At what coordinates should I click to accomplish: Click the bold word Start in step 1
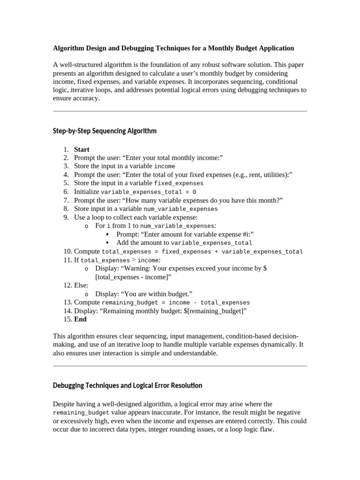click(82, 150)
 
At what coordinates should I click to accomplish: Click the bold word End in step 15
click(80, 319)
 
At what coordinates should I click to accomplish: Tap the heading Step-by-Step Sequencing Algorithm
click(105, 131)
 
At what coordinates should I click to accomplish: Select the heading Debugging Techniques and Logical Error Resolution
click(127, 385)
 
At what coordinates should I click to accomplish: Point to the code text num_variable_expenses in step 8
click(180, 209)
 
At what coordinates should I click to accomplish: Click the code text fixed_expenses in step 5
click(179, 183)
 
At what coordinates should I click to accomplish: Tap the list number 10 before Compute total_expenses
click(67, 251)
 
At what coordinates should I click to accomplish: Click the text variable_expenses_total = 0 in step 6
click(149, 192)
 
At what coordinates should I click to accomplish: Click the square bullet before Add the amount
click(107, 243)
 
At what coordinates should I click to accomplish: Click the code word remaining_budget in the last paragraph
click(82, 413)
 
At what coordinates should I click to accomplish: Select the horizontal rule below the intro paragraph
click(180, 111)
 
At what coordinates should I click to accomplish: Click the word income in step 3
click(165, 166)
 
